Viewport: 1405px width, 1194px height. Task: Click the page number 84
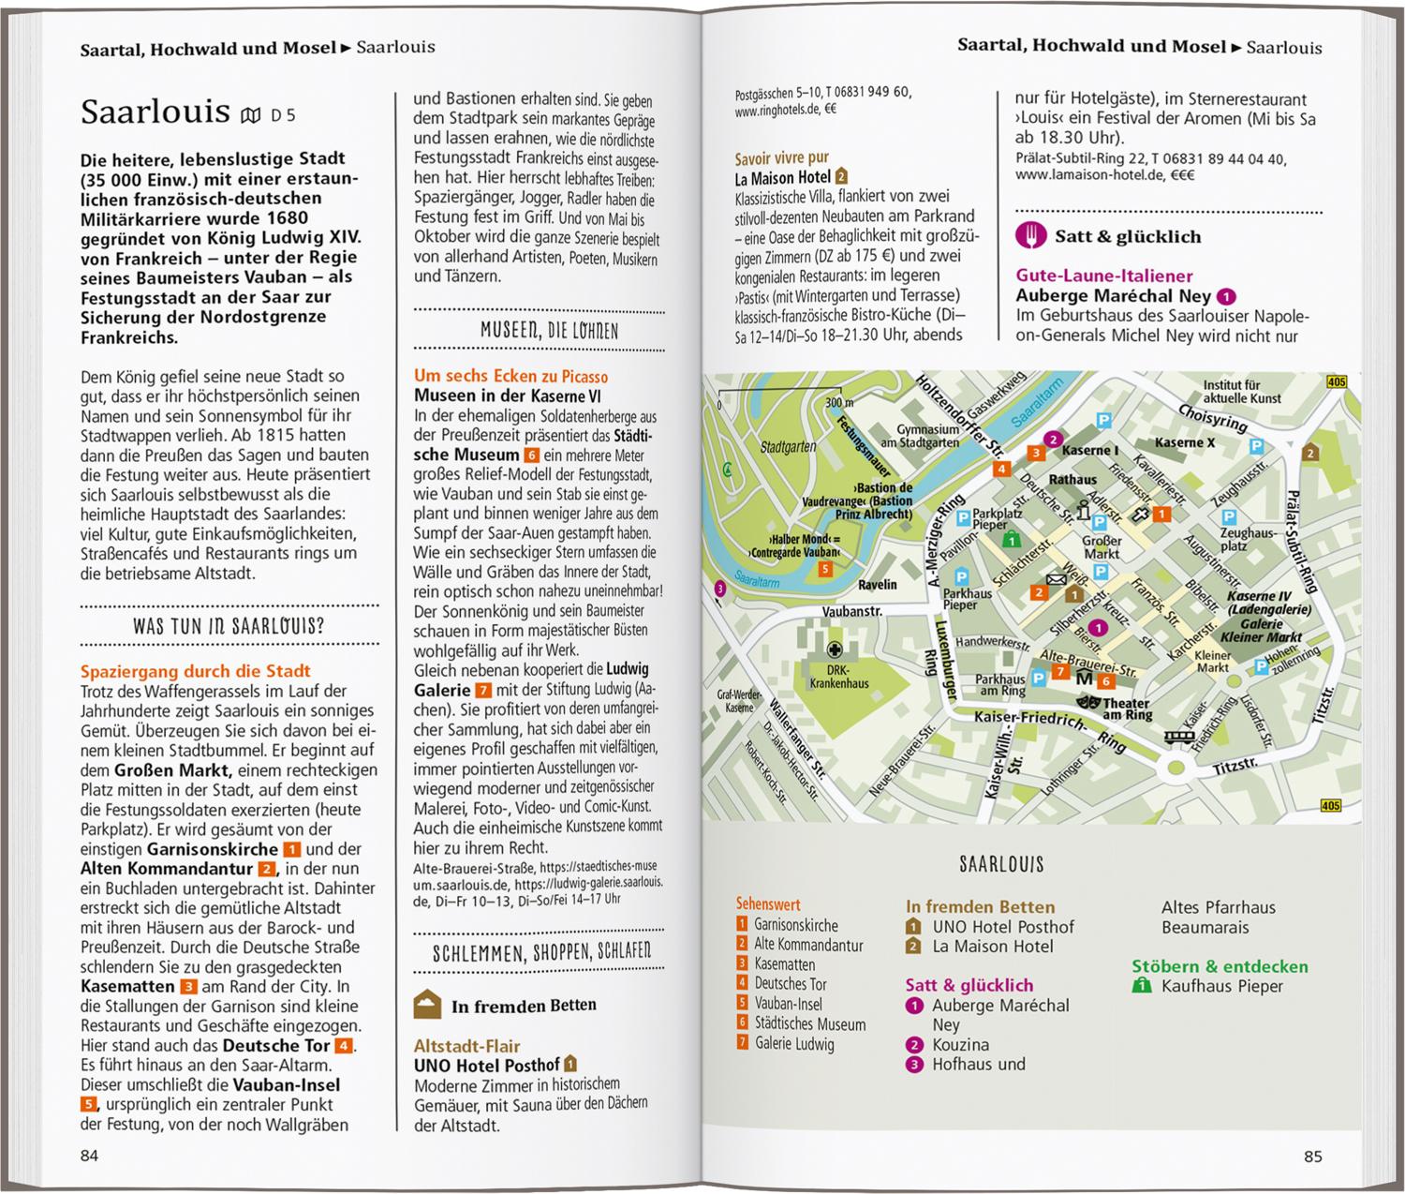[x=89, y=1156]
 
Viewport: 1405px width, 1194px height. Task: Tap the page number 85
[x=1312, y=1157]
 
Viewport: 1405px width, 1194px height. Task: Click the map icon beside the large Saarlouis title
[x=250, y=115]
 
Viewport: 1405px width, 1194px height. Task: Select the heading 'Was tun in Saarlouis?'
[x=229, y=626]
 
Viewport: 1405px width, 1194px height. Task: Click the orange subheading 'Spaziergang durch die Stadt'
[x=195, y=671]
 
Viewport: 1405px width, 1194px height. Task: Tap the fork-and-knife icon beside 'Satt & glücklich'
[x=1030, y=236]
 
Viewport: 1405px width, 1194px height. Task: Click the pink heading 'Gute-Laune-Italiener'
[x=1104, y=276]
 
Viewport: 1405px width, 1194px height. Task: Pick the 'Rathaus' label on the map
[x=1072, y=480]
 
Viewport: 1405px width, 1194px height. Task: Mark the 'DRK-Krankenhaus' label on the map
[x=839, y=677]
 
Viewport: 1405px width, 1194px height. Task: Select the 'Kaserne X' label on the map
[x=1184, y=442]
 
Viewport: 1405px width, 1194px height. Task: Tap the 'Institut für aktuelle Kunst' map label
[x=1242, y=392]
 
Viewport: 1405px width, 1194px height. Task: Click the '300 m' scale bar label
[x=839, y=402]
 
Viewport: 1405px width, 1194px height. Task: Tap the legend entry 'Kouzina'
[x=960, y=1044]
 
